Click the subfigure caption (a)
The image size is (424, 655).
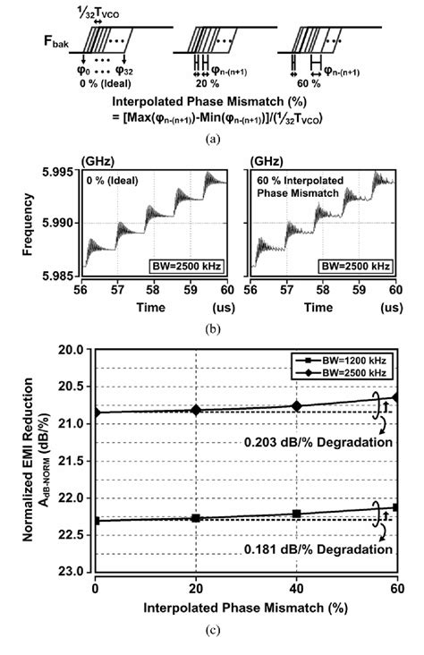tap(212, 137)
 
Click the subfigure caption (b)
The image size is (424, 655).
tap(212, 328)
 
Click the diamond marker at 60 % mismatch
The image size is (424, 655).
tap(395, 396)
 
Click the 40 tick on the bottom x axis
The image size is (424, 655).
tap(296, 587)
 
